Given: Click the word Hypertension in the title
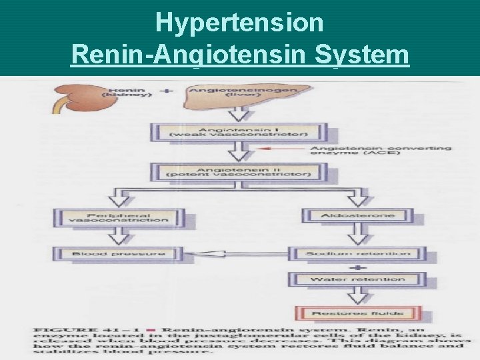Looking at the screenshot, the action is coord(239,23).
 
